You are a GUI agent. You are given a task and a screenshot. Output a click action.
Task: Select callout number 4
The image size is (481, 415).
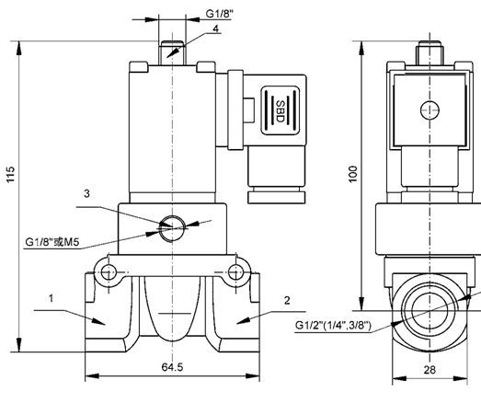[x=215, y=29]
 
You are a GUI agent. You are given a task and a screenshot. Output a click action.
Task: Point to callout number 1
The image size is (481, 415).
[x=52, y=299]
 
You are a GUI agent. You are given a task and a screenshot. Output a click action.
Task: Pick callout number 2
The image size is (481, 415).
[x=287, y=300]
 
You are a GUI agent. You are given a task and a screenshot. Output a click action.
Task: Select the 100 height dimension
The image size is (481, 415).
[x=353, y=174]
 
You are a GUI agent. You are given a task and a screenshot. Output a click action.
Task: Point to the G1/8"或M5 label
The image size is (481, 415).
[x=54, y=243]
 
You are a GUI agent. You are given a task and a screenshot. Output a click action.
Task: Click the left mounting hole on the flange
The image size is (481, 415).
[x=110, y=273]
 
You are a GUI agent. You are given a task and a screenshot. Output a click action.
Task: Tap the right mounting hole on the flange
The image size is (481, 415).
[x=236, y=273]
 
